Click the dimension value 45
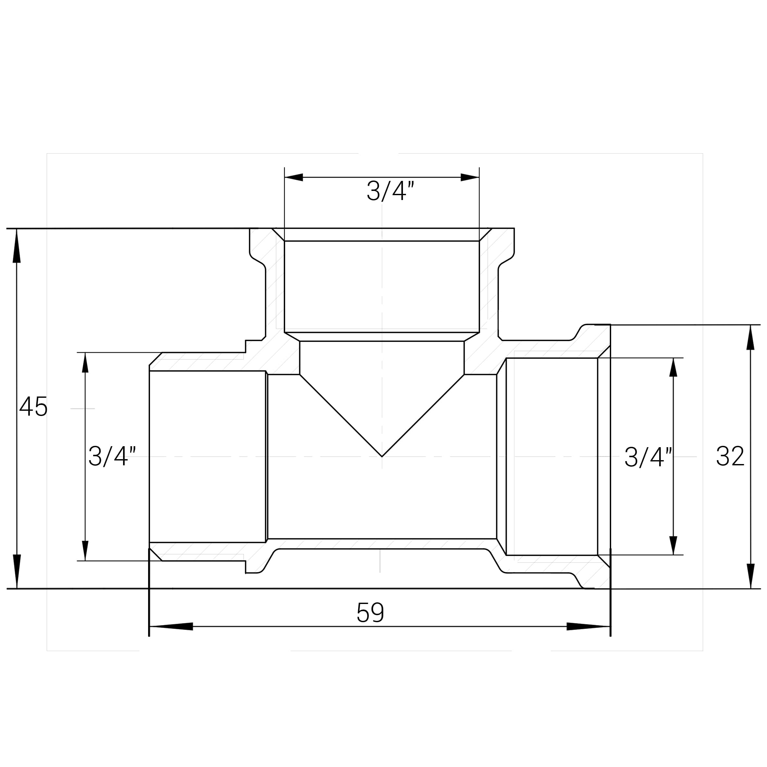(33, 407)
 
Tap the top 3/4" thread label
(391, 191)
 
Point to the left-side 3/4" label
(112, 456)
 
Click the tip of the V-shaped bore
(382, 456)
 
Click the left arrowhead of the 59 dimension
(171, 626)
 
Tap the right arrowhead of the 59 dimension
(588, 626)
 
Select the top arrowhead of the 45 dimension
(16, 246)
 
